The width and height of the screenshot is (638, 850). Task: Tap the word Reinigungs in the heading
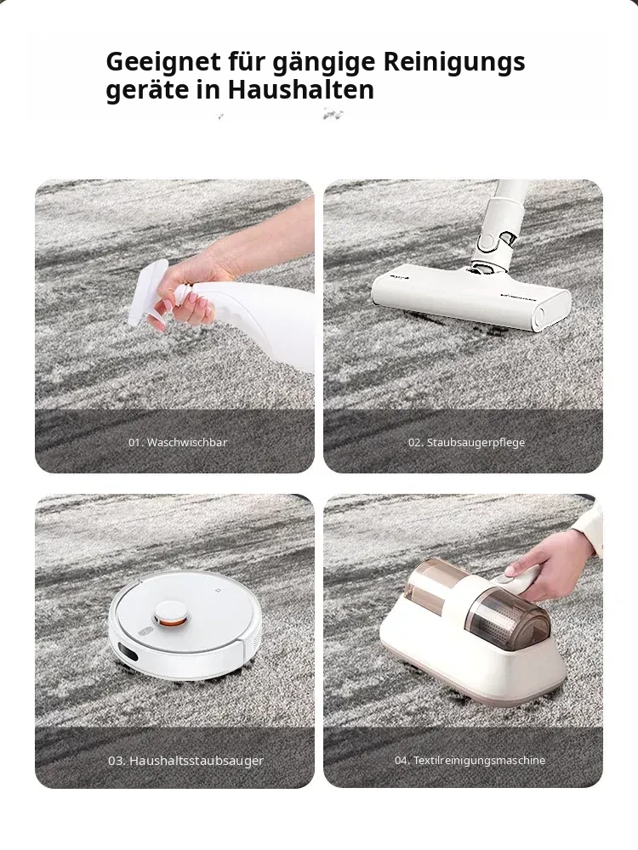point(454,62)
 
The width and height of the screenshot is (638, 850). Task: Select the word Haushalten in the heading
point(301,89)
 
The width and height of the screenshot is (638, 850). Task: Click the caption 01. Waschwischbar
point(178,442)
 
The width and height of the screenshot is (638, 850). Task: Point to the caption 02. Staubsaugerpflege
point(466,442)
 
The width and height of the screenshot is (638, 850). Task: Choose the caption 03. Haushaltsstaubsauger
point(185,761)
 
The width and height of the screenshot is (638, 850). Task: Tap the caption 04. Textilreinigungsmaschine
point(470,761)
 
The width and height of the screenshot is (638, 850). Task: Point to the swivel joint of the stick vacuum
point(493,245)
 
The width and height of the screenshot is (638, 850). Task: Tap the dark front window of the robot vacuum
point(127,652)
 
